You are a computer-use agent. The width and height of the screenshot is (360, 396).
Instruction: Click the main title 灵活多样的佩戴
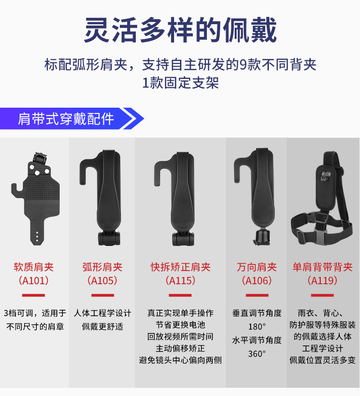click(x=180, y=30)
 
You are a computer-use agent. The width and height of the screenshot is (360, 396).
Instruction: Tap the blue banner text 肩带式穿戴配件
click(x=66, y=119)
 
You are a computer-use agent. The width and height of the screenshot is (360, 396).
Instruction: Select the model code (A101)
click(x=34, y=280)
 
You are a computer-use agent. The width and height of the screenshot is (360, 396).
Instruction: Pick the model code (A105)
click(x=102, y=280)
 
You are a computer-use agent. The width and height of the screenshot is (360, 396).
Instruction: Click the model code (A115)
click(x=180, y=280)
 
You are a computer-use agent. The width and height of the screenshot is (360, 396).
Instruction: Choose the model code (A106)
click(x=257, y=280)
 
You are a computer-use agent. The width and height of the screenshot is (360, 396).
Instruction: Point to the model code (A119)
click(x=323, y=280)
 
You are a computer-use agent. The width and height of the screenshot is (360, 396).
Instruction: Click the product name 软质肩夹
click(x=34, y=267)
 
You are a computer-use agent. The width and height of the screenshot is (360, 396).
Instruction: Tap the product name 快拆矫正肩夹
click(x=180, y=267)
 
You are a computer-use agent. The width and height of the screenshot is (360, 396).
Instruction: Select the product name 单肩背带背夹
click(x=323, y=267)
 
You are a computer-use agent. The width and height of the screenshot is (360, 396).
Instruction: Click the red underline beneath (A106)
click(x=257, y=295)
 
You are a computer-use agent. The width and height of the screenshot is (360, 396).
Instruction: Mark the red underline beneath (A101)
click(x=33, y=295)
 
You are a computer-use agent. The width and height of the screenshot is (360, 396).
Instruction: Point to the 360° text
click(x=257, y=354)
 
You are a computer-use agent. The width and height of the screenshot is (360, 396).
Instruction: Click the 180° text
click(x=257, y=327)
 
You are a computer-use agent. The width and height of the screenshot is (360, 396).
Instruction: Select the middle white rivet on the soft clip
click(x=37, y=173)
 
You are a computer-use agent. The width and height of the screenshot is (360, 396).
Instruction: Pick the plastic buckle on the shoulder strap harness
click(x=320, y=236)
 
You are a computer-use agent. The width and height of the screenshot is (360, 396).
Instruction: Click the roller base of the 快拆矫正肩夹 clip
click(x=183, y=239)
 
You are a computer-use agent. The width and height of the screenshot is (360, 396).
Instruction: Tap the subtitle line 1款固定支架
click(x=180, y=83)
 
